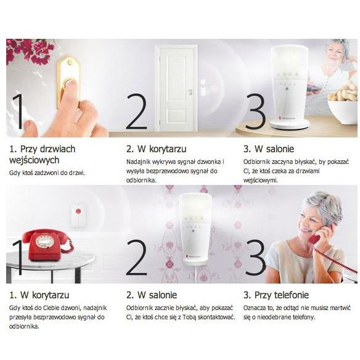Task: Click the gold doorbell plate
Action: (68, 82)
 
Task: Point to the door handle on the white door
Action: (190, 91)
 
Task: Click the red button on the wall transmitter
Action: (78, 211)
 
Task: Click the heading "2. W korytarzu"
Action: (156, 149)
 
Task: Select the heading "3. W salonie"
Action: (269, 149)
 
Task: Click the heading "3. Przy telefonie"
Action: (276, 295)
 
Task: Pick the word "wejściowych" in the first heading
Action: (34, 160)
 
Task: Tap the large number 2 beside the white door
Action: (136, 111)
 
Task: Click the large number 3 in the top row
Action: (255, 111)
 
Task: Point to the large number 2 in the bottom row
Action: (136, 257)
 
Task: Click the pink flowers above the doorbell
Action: (31, 51)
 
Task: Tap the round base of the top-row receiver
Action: (290, 125)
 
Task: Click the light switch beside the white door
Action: (203, 86)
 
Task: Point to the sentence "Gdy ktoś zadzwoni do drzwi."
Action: (47, 173)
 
